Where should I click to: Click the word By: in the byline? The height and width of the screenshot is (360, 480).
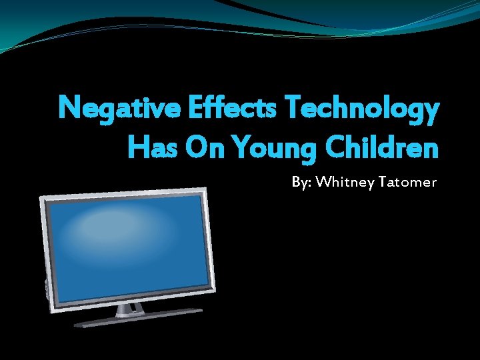[301, 181]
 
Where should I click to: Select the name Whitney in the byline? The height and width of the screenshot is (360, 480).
[345, 181]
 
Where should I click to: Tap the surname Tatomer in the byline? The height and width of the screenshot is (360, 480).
[408, 181]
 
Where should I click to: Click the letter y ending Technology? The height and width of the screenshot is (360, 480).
[431, 113]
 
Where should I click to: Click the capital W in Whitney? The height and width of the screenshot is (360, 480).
[323, 181]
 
